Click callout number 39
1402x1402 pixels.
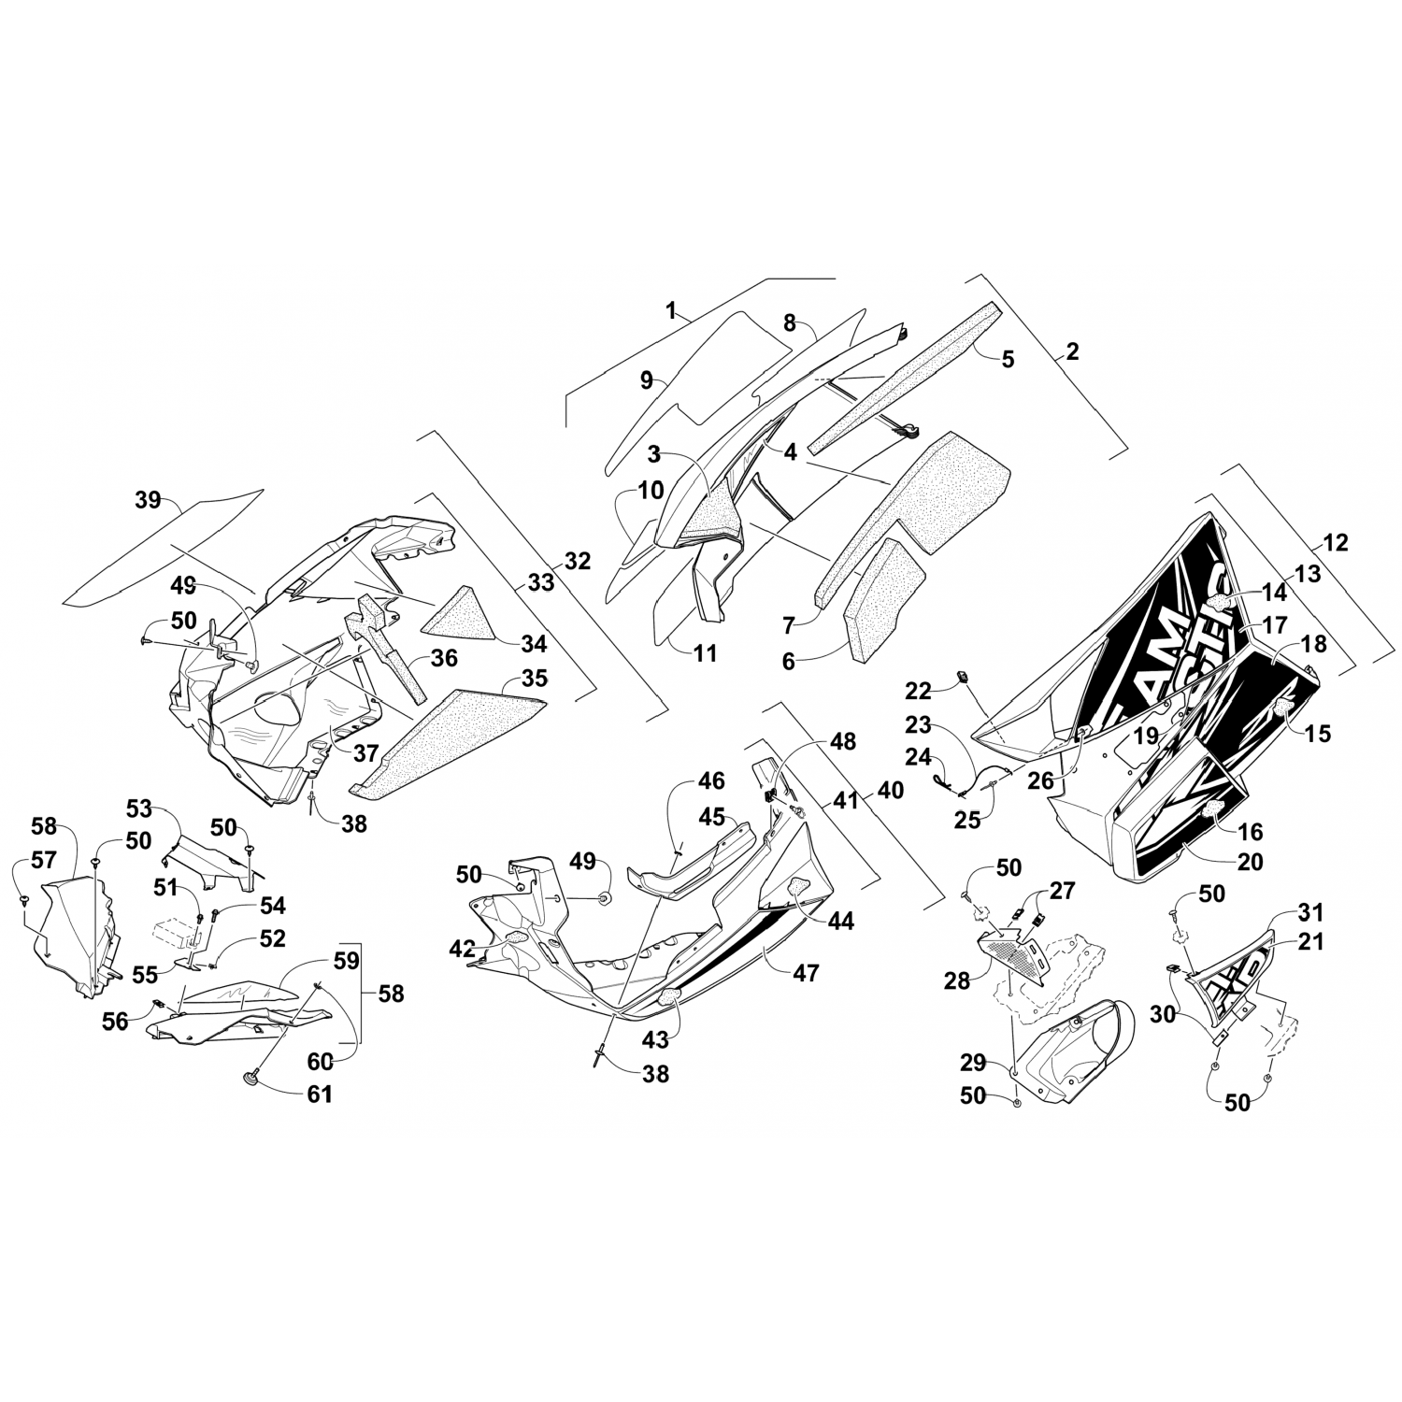point(148,500)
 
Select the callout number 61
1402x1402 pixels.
point(320,1094)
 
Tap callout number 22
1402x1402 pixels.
point(918,690)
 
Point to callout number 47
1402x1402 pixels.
point(806,973)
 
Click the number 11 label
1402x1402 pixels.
point(705,652)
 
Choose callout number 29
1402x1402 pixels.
point(972,1063)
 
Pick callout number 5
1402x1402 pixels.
point(1007,358)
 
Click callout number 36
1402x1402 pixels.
point(444,658)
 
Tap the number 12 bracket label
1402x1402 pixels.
point(1336,542)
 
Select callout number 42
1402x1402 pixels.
point(462,948)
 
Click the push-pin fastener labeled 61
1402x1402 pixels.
point(251,1080)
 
